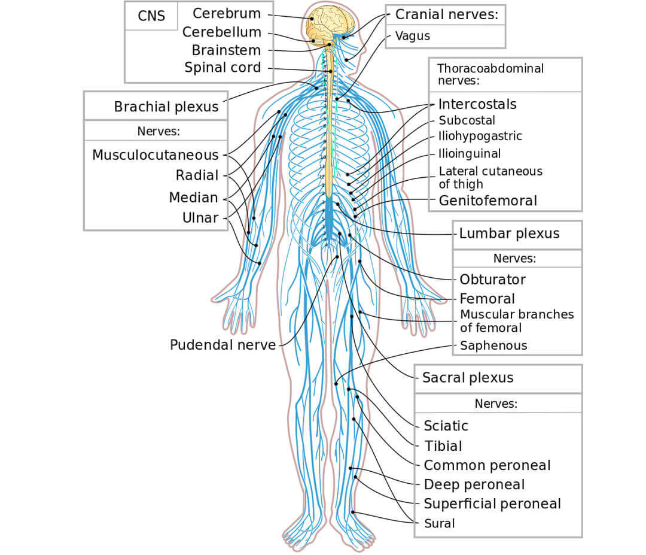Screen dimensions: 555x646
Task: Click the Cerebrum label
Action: pos(227,13)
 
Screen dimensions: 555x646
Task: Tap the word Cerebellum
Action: pos(222,32)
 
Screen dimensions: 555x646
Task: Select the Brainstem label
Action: pos(226,50)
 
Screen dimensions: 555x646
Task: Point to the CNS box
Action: pos(151,16)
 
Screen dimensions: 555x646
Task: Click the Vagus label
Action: pos(413,36)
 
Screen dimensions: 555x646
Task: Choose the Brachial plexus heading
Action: pos(166,107)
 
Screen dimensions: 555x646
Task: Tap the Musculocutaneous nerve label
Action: pos(156,155)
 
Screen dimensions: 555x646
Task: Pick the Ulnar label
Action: pos(200,219)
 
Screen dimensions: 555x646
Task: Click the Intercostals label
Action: pos(477,104)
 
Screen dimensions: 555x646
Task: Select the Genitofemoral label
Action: pos(488,201)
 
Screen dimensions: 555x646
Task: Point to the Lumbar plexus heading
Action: pos(509,233)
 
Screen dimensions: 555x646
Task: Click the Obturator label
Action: pos(492,280)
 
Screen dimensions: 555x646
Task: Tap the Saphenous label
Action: pos(493,345)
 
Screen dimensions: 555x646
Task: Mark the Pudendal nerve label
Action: pos(223,345)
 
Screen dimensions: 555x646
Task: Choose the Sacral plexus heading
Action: pos(468,378)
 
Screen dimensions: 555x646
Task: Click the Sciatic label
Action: pos(446,426)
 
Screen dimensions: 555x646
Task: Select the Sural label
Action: pos(439,524)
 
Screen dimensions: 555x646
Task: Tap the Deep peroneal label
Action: pos(474,484)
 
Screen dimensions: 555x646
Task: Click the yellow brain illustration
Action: pos(330,24)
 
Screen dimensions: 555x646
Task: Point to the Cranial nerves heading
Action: pos(446,14)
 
